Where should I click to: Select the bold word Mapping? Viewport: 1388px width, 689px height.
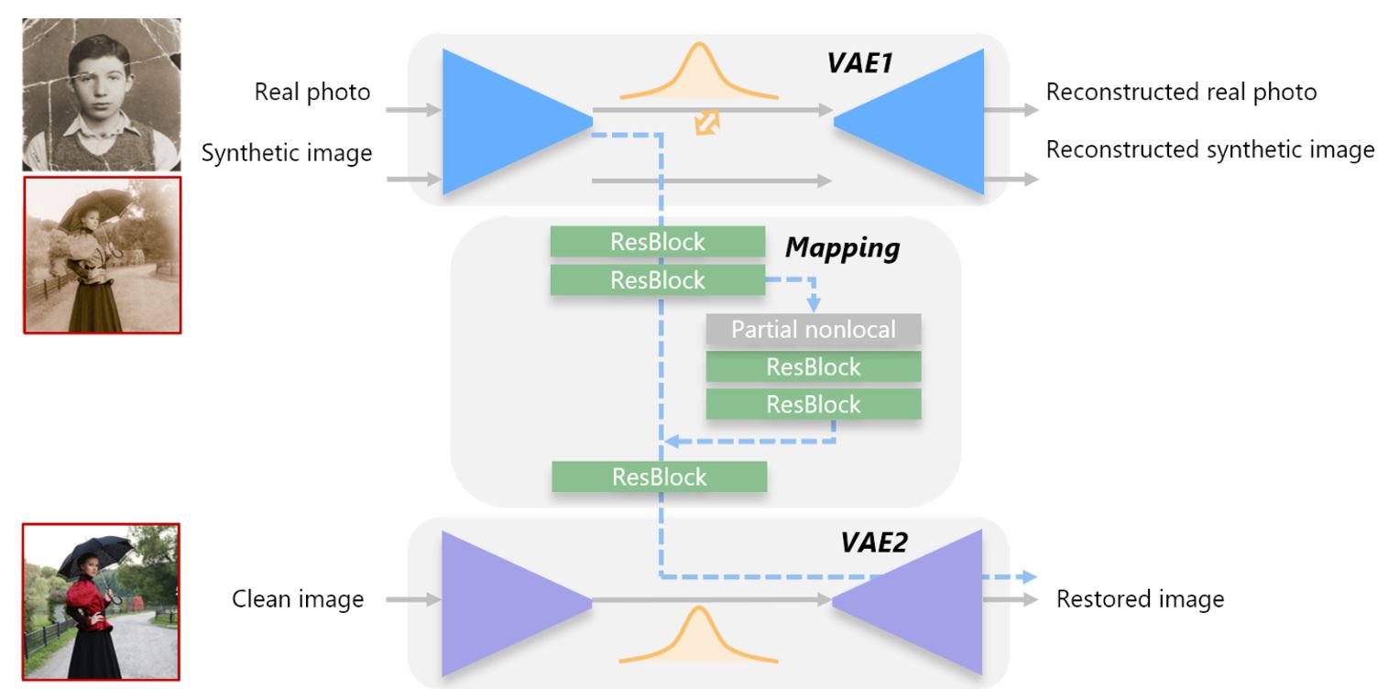click(x=843, y=248)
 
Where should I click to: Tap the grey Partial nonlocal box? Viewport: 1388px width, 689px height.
click(x=813, y=329)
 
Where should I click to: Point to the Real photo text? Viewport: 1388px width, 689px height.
click(x=311, y=92)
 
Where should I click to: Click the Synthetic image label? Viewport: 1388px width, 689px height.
click(x=287, y=152)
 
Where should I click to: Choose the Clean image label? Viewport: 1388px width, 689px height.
click(x=297, y=599)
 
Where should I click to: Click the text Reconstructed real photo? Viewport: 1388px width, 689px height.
click(x=1181, y=92)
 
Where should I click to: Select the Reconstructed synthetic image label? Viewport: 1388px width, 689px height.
click(x=1209, y=149)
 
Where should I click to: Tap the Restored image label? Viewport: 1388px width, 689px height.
click(x=1140, y=599)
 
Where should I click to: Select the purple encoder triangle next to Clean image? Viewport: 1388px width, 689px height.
click(x=504, y=601)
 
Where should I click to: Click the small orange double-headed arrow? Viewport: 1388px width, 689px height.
click(x=706, y=122)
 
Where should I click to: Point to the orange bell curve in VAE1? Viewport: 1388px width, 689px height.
click(x=699, y=73)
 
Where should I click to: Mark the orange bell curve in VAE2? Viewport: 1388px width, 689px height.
click(x=699, y=636)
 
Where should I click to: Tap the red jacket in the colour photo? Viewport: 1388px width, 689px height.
click(x=92, y=606)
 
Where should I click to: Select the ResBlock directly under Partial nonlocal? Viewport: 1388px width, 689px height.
click(x=813, y=367)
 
